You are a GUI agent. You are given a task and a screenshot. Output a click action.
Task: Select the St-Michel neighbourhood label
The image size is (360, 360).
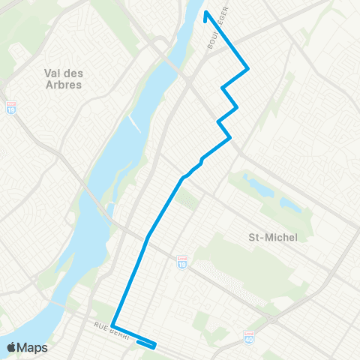click(273, 237)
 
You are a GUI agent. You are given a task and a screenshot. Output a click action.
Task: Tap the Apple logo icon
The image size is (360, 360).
click(11, 347)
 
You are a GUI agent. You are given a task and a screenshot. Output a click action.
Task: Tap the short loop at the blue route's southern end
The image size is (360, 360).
click(147, 345)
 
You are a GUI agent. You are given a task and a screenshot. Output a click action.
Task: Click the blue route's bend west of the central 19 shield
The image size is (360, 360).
click(148, 235)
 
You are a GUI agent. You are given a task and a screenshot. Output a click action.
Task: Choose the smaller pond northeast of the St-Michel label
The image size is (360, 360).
click(288, 203)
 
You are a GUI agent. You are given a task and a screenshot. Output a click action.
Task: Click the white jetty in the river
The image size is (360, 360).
click(134, 121)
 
